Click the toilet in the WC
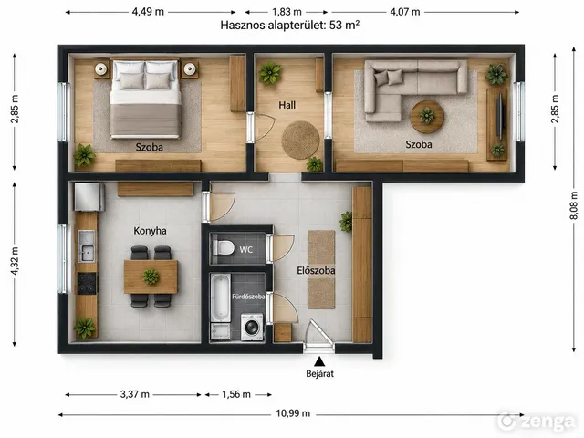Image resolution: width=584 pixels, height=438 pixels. (223, 247)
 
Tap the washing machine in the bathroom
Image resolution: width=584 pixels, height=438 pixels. (252, 327)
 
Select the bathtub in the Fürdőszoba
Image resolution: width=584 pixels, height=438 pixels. (220, 298)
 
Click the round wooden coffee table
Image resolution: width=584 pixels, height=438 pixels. (427, 117)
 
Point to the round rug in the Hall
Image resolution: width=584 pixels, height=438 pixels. (300, 140)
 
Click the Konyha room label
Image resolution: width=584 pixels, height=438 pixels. (150, 231)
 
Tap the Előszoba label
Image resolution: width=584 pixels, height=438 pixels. (316, 270)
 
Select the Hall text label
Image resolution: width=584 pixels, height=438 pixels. (287, 105)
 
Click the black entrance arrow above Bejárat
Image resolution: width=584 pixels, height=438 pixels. (318, 361)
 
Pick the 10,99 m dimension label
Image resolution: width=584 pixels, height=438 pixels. (293, 413)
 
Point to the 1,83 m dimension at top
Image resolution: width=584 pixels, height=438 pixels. (287, 12)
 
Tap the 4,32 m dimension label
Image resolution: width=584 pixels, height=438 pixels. (15, 261)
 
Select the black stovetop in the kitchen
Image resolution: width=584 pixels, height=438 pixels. (87, 283)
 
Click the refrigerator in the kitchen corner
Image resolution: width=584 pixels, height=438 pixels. (89, 197)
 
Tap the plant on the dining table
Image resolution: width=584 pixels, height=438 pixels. (151, 276)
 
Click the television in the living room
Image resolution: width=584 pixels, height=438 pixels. (501, 116)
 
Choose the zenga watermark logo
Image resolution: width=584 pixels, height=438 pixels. (537, 421)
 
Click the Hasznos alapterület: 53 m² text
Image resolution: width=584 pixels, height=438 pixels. (290, 26)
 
